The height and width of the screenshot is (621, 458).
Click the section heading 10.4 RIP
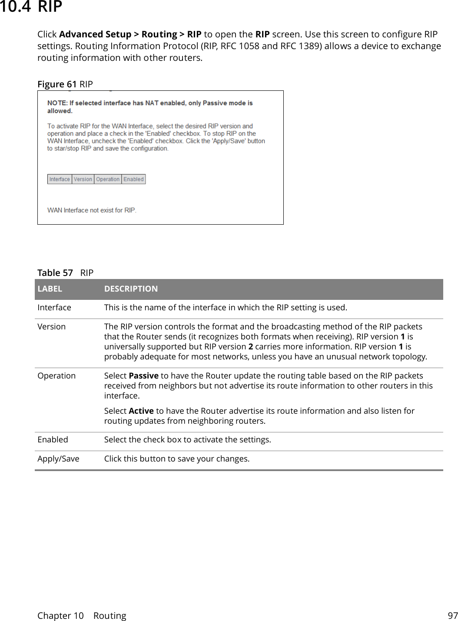click(x=31, y=7)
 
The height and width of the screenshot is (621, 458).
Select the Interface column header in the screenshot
click(x=60, y=179)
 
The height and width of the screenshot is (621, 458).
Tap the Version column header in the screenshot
click(x=83, y=179)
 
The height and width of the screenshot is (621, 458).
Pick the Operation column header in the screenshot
click(x=107, y=179)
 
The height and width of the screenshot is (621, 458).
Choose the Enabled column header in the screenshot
click(x=133, y=179)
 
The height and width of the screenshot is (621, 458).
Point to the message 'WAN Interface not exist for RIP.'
click(x=92, y=210)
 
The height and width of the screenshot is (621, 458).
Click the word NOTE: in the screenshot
click(x=57, y=103)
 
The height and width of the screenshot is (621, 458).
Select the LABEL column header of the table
click(x=50, y=289)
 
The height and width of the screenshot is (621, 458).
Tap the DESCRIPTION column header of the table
click(x=131, y=289)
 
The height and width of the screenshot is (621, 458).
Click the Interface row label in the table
click(x=54, y=308)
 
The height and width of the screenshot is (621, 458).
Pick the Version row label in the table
click(x=52, y=327)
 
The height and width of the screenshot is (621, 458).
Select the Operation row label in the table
click(x=56, y=376)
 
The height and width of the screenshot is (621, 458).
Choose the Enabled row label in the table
click(x=53, y=440)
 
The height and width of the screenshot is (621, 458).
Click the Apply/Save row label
click(x=58, y=459)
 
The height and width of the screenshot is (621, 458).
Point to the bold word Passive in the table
click(x=143, y=376)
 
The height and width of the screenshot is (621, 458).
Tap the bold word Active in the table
click(x=141, y=411)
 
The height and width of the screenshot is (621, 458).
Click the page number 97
click(x=452, y=616)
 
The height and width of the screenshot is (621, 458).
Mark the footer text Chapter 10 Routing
click(x=82, y=616)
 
